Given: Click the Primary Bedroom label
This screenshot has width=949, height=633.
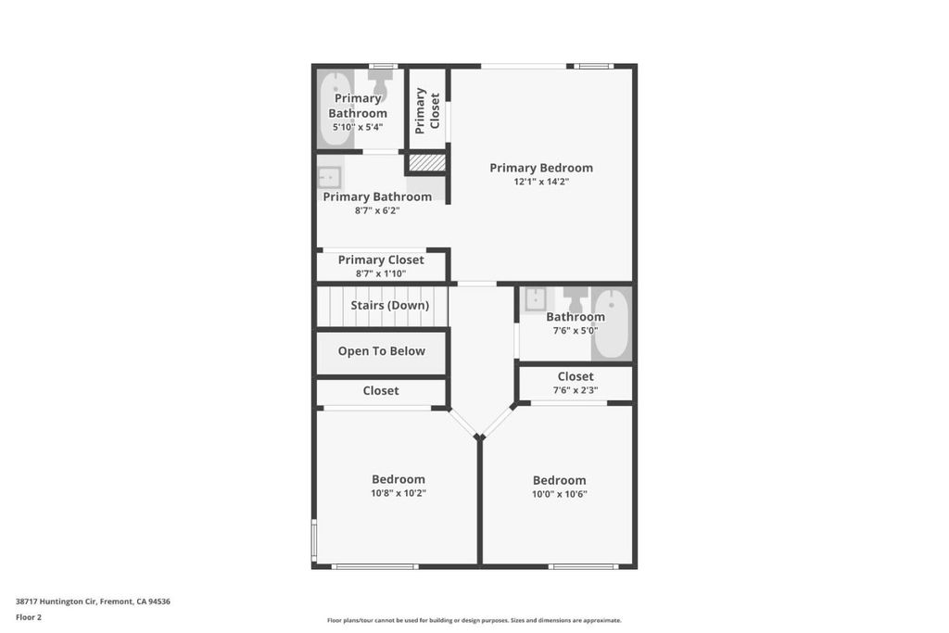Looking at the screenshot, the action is click(541, 168).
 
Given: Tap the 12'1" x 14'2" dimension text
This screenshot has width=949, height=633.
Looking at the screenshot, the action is click(541, 182).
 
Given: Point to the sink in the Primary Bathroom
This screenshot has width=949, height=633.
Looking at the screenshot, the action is click(330, 178).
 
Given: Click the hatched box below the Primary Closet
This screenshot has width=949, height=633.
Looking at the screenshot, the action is click(427, 162).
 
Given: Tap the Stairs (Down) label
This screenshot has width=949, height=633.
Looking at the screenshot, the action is click(390, 305).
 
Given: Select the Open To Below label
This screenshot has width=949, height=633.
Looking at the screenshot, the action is click(381, 351).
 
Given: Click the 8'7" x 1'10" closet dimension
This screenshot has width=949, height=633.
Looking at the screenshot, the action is click(381, 273).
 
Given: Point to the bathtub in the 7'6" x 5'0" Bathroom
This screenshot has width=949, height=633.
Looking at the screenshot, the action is click(612, 323).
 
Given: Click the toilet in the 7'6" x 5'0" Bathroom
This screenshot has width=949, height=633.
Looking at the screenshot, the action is click(575, 298).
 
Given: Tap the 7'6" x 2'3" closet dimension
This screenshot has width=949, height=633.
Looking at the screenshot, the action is click(575, 390).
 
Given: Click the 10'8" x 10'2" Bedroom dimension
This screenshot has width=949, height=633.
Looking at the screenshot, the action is click(399, 493).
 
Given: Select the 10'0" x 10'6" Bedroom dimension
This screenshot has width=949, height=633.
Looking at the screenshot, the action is click(559, 494).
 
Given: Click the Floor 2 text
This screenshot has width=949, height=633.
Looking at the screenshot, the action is click(29, 617).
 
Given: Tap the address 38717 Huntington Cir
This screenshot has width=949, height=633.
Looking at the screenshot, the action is click(57, 601).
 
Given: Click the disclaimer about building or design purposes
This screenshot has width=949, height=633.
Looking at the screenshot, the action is click(474, 620).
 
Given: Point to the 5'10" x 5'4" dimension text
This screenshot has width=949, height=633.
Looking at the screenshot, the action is click(358, 127).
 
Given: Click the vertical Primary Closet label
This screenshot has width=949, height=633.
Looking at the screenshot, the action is click(426, 110).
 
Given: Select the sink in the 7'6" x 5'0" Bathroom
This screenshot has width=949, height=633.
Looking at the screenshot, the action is click(536, 299).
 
